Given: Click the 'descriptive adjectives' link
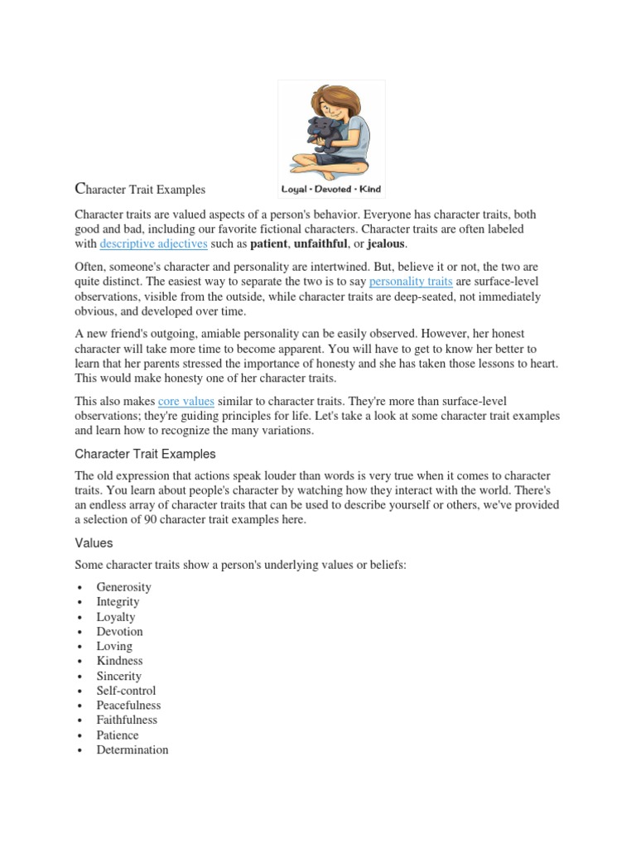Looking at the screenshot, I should pyautogui.click(x=153, y=244).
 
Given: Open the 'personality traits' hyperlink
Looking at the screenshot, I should pyautogui.click(x=411, y=282).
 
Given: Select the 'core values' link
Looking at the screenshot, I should pyautogui.click(x=186, y=401).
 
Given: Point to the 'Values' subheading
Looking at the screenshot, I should pyautogui.click(x=94, y=543).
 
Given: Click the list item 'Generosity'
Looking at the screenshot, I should pyautogui.click(x=123, y=587).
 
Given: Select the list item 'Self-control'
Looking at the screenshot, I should pyautogui.click(x=126, y=691).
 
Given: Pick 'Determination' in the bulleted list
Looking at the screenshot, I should pyautogui.click(x=132, y=749).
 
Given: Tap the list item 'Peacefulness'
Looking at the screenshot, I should pyautogui.click(x=128, y=706).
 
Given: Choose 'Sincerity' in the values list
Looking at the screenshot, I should pyautogui.click(x=118, y=676).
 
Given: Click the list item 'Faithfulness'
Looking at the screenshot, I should pyautogui.click(x=127, y=720).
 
